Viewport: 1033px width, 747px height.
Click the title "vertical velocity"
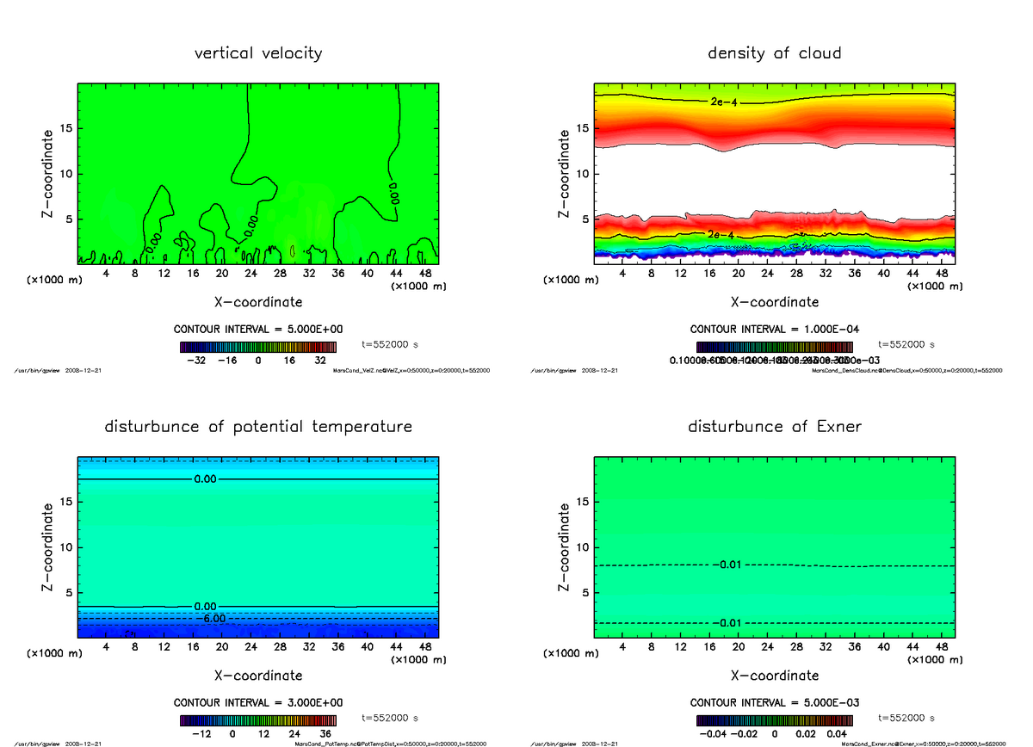(x=258, y=53)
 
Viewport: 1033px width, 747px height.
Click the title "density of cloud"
(x=774, y=53)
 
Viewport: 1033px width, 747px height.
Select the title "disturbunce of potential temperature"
(x=258, y=427)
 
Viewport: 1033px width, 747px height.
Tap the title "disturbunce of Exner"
(x=774, y=427)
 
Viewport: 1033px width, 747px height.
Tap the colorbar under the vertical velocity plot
(x=258, y=347)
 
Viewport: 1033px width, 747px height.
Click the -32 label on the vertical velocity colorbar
(x=199, y=361)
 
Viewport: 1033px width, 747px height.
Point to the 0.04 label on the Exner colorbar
(x=836, y=734)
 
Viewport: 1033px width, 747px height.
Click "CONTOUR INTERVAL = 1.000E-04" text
(x=774, y=329)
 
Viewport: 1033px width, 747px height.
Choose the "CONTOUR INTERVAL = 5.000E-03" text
(x=774, y=702)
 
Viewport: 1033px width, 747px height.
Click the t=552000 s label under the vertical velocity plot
(x=390, y=343)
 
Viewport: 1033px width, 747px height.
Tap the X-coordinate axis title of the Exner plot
(x=774, y=676)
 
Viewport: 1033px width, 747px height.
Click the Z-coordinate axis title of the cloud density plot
(x=565, y=173)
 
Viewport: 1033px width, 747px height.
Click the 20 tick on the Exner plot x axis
(x=739, y=646)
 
